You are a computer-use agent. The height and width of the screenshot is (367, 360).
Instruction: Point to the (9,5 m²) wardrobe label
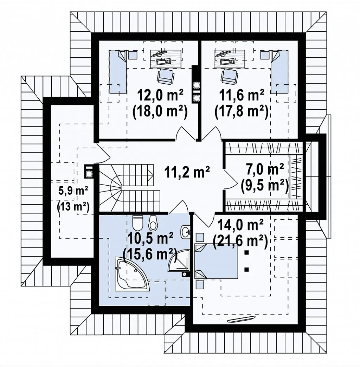pos(264,186)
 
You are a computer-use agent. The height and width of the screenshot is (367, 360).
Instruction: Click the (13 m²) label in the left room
pos(73,206)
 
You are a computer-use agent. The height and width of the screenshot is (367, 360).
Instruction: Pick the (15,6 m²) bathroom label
pos(149,253)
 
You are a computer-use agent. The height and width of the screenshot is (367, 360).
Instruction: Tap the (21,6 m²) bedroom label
pos(240,239)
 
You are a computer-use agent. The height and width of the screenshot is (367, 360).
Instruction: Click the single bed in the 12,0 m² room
pos(118,72)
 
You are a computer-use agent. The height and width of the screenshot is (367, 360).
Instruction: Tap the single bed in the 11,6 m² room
pos(279,72)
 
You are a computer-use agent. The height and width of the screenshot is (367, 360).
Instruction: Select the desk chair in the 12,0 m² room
pos(166,76)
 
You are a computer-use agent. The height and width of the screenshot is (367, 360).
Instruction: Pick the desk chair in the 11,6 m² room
pos(229,76)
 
